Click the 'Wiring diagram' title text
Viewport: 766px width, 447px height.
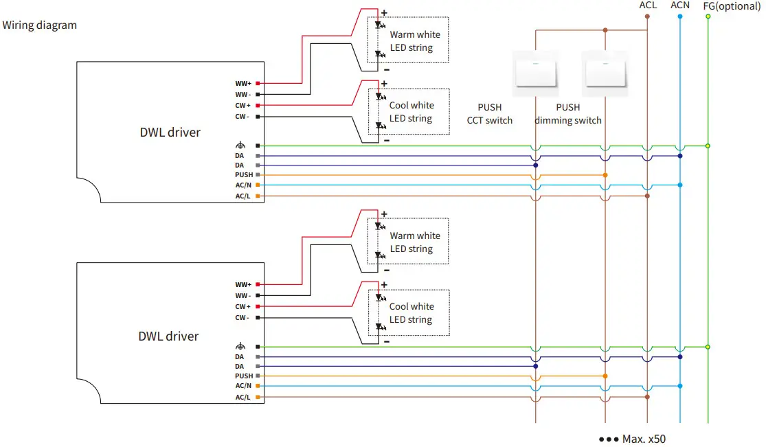pos(40,25)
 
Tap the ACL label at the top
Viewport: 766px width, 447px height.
pos(647,5)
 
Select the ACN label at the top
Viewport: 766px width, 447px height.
pos(679,5)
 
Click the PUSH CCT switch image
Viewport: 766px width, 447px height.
pos(536,73)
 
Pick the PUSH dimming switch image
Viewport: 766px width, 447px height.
pos(605,73)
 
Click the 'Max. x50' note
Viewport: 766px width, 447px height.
pos(632,438)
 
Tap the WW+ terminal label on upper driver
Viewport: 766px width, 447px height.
pos(243,84)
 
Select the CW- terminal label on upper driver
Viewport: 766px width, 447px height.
pos(242,117)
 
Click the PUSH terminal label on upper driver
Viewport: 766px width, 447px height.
pos(244,175)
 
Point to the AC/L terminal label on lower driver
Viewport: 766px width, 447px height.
pos(243,397)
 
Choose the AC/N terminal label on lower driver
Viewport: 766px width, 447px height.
pos(243,386)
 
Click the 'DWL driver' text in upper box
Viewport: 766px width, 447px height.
pos(170,133)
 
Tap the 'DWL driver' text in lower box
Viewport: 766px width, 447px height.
pos(168,336)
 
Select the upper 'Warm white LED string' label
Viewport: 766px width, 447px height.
pos(415,41)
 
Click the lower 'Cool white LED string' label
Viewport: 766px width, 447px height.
pos(412,313)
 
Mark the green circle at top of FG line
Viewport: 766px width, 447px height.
pos(708,16)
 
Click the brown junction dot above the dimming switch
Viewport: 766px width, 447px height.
pos(605,30)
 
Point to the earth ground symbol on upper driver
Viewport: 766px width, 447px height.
pos(240,146)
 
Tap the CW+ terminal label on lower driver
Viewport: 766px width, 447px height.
pos(243,306)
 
